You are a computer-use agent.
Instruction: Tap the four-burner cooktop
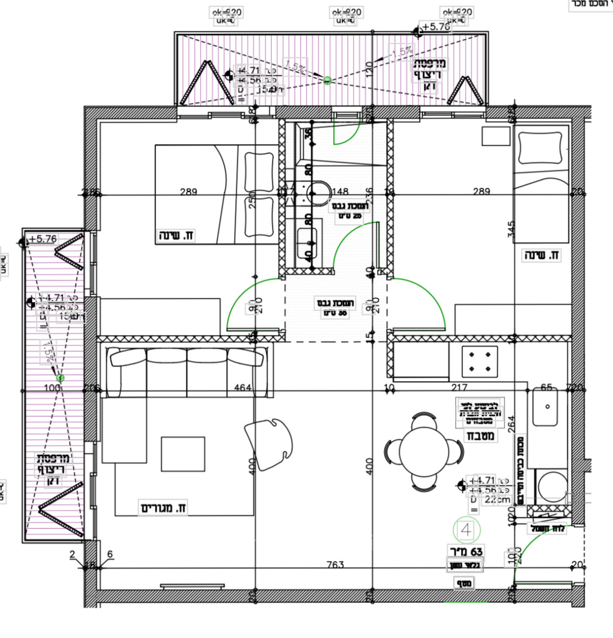[479, 361]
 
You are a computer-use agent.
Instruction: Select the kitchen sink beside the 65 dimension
[546, 407]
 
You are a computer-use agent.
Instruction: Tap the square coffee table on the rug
[183, 454]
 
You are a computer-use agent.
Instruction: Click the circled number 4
[466, 530]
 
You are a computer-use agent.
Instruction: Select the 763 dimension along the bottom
[335, 564]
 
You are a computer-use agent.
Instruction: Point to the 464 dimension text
[242, 388]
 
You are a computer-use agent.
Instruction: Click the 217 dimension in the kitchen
[459, 388]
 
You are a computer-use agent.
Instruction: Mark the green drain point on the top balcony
[328, 80]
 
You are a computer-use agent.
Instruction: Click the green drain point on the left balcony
[60, 378]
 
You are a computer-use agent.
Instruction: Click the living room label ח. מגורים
[164, 508]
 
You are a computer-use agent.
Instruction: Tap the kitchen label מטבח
[481, 436]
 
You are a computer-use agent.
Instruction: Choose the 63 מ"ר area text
[466, 552]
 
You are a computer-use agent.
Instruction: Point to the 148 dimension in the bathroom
[340, 191]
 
